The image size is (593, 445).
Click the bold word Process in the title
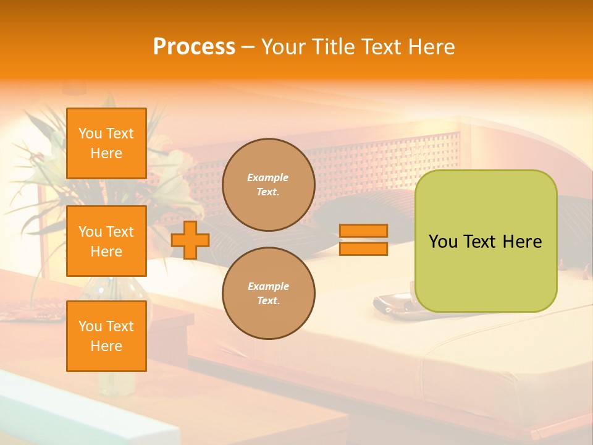pyautogui.click(x=194, y=47)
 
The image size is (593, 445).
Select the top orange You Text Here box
pyautogui.click(x=106, y=143)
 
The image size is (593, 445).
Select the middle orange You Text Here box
pyautogui.click(x=106, y=241)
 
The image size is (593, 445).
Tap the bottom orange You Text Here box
pyautogui.click(x=106, y=336)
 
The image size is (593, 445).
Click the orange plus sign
pyautogui.click(x=190, y=240)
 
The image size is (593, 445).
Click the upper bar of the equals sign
pyautogui.click(x=364, y=231)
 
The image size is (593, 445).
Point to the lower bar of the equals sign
pyautogui.click(x=364, y=249)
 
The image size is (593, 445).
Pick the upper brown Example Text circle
pyautogui.click(x=269, y=185)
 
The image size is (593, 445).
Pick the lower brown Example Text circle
pyautogui.click(x=269, y=294)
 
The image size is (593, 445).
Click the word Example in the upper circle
pyautogui.click(x=268, y=177)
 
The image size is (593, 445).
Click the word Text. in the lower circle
pyautogui.click(x=268, y=301)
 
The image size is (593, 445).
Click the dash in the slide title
pyautogui.click(x=248, y=48)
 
